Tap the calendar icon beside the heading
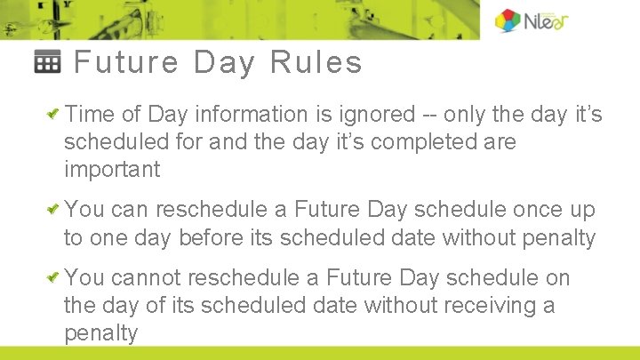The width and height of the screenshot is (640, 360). (48, 62)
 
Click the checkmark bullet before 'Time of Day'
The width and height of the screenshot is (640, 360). (54, 115)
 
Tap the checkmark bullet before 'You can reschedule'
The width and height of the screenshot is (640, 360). (54, 210)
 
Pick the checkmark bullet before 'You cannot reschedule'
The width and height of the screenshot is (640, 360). (54, 278)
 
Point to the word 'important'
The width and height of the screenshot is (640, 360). (112, 170)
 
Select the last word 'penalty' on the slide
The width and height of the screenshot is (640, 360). (101, 334)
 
